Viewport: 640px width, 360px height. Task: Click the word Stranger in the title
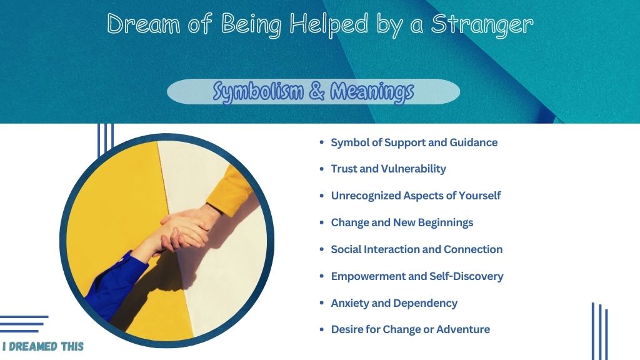482,25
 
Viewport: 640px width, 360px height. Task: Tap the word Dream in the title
143,23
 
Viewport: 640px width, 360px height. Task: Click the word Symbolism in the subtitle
258,92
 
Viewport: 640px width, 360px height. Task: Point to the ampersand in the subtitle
317,91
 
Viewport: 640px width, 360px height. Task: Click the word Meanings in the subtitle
372,92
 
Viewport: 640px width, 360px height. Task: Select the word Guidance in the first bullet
474,142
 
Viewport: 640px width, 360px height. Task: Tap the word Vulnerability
414,169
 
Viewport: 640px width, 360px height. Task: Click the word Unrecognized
366,196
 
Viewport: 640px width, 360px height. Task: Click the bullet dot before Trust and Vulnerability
322,169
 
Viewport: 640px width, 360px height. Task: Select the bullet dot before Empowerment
322,276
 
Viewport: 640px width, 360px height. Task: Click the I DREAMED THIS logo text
43,346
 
